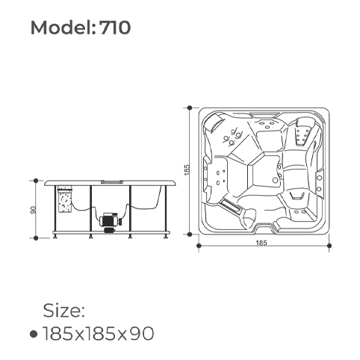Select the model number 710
point(115,28)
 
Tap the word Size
point(64,311)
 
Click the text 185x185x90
point(99,333)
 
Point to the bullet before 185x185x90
point(34,334)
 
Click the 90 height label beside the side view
point(34,210)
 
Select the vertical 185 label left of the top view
point(187,170)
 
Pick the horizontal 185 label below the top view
point(261,243)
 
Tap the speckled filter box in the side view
point(65,199)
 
